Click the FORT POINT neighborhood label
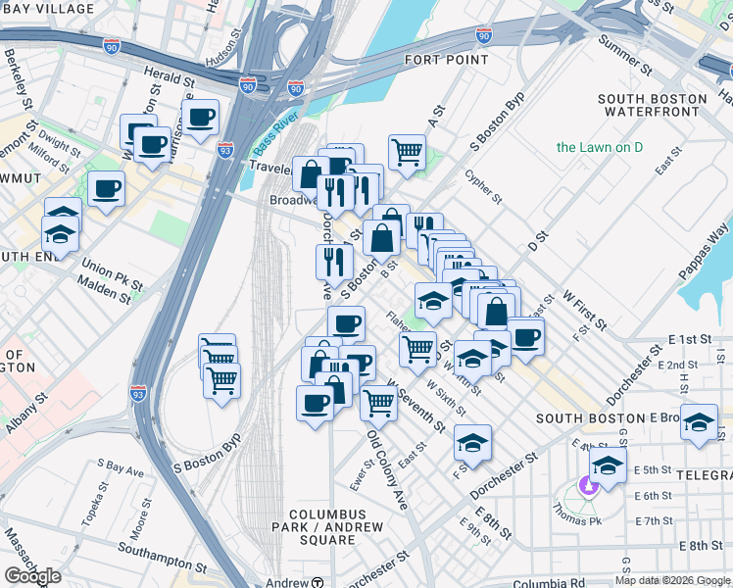pos(446,60)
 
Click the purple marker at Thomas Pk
pos(589,484)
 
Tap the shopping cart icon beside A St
pos(407,152)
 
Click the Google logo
pos(32,576)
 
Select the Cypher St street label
pos(483,186)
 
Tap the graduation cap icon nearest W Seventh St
pos(472,443)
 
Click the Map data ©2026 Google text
pos(671,581)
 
